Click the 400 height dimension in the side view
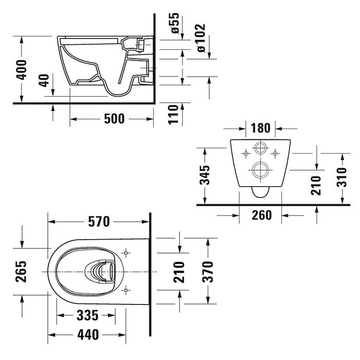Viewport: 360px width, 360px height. pos(21,68)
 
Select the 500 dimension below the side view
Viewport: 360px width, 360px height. pos(114,119)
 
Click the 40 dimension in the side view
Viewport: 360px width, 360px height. pos(44,81)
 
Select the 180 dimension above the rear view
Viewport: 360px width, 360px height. pos(262,127)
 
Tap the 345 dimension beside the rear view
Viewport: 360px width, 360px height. pos(205,175)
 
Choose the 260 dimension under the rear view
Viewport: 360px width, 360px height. pos(262,215)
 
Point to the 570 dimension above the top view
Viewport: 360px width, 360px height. pos(99,222)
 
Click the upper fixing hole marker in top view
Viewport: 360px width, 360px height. pos(125,253)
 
